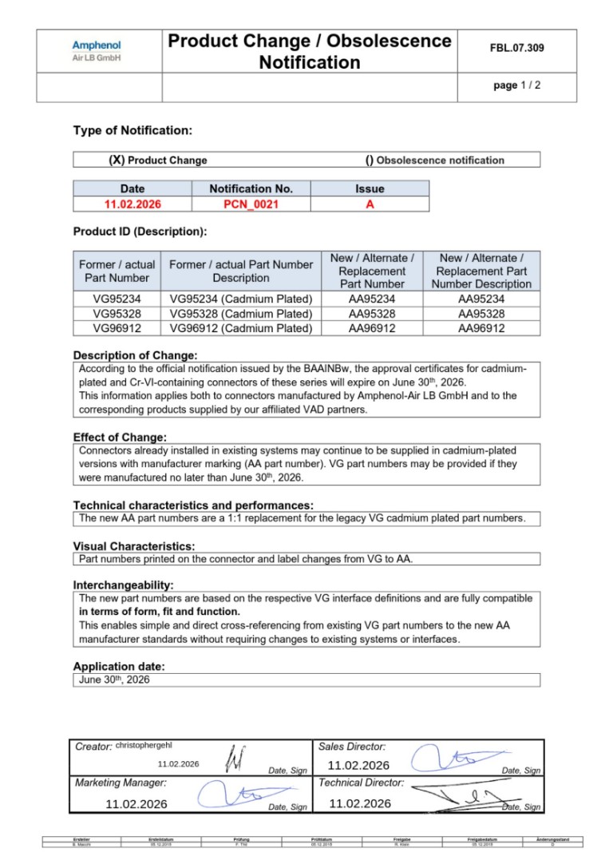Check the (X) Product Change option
(117, 160)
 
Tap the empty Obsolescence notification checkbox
(370, 160)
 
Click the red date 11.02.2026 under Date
(132, 204)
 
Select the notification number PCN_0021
(251, 204)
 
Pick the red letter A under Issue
(370, 204)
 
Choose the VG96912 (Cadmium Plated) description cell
(240, 327)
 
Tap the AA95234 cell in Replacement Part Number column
(372, 299)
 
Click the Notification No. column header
(251, 188)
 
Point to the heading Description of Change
(135, 355)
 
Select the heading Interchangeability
(123, 585)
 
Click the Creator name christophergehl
(144, 745)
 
